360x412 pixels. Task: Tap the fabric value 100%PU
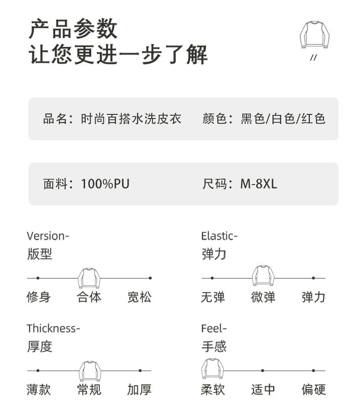pos(105,184)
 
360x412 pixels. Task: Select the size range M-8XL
pos(258,184)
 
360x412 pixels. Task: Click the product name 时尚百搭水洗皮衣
pos(131,119)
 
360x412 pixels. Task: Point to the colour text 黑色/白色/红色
pos(283,119)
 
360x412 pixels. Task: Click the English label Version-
pos(48,236)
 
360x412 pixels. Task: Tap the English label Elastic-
pos(219,236)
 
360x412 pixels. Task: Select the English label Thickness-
pos(53,329)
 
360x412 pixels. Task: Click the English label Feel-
pos(214,329)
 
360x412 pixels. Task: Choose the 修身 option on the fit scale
pos(38,298)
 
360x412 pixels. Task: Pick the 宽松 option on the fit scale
pos(139,298)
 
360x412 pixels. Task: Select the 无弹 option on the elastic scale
pos(213,298)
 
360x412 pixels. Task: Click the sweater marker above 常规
pos(90,370)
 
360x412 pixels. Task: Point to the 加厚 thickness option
pos(139,390)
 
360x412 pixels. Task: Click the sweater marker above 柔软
pos(212,368)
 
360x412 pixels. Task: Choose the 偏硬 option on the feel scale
pos(314,390)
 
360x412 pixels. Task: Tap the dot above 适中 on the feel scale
pos(262,371)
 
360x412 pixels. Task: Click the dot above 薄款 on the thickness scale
pos(38,371)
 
